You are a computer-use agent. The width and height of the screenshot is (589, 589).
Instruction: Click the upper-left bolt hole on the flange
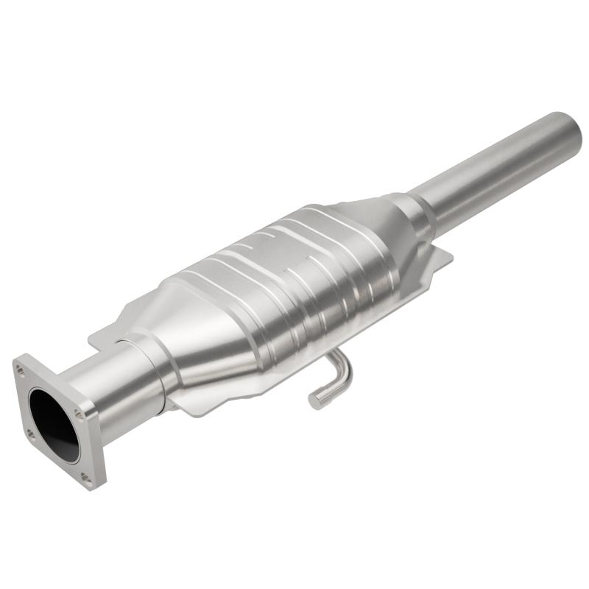(x=20, y=370)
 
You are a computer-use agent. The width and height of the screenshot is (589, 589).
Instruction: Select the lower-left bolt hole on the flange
(x=30, y=434)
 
